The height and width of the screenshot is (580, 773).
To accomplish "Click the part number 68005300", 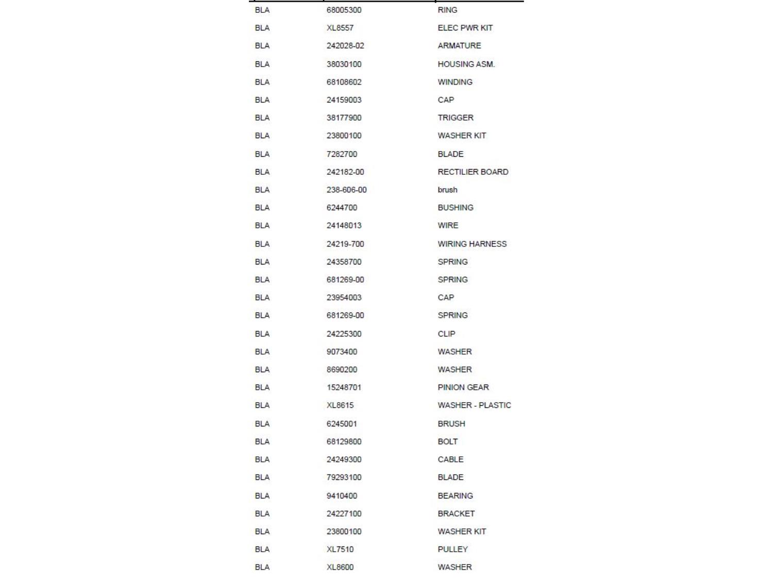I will pyautogui.click(x=344, y=10).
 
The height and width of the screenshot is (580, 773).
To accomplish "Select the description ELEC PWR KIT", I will pyautogui.click(x=465, y=28).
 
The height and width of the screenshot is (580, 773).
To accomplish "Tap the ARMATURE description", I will pyautogui.click(x=459, y=45).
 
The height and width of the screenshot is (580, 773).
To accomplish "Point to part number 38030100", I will pyautogui.click(x=344, y=64).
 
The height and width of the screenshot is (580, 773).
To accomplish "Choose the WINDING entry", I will pyautogui.click(x=455, y=82).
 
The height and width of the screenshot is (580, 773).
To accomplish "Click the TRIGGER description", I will pyautogui.click(x=455, y=118).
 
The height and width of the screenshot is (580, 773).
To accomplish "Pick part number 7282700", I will pyautogui.click(x=342, y=154).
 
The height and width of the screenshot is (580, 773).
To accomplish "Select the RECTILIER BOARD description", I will pyautogui.click(x=473, y=172).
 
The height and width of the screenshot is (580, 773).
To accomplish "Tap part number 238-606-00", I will pyautogui.click(x=346, y=190).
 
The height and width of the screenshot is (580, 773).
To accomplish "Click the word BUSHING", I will pyautogui.click(x=455, y=207).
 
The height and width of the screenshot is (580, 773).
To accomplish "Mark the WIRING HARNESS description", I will pyautogui.click(x=472, y=244).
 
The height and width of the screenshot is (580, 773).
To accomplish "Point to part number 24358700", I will pyautogui.click(x=344, y=262).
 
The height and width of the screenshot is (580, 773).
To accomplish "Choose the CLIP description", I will pyautogui.click(x=446, y=334).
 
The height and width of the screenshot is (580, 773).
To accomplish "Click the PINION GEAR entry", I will pyautogui.click(x=463, y=387).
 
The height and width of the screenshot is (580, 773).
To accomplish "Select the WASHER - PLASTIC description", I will pyautogui.click(x=474, y=405).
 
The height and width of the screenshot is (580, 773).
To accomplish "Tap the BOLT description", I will pyautogui.click(x=447, y=441).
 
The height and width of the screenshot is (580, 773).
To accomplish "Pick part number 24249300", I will pyautogui.click(x=344, y=459).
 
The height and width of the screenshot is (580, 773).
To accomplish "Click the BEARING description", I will pyautogui.click(x=455, y=495).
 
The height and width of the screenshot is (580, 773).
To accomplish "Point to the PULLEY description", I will pyautogui.click(x=452, y=549).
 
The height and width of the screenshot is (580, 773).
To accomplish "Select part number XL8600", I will pyautogui.click(x=340, y=567).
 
